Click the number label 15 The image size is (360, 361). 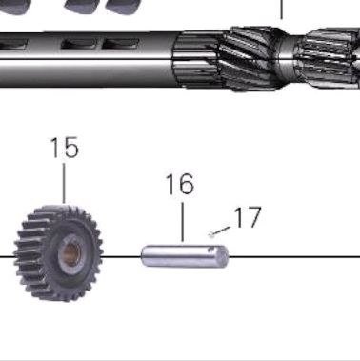click(64, 148)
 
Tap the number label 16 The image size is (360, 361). click(180, 184)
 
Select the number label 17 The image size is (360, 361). click(248, 217)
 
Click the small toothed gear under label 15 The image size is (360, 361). click(58, 252)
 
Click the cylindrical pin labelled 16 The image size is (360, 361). click(185, 256)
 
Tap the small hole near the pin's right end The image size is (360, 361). click(210, 250)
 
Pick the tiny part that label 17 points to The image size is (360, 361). click(211, 235)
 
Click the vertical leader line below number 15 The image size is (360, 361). click(64, 183)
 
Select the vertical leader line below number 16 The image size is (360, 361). click(183, 222)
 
